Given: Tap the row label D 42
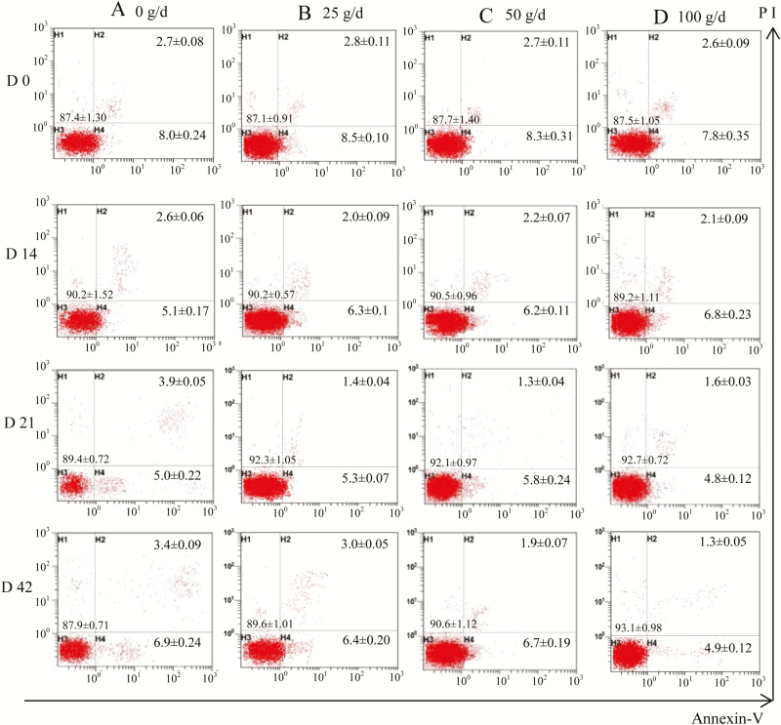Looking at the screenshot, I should point(21,588).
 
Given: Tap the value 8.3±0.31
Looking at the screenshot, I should point(533,140).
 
